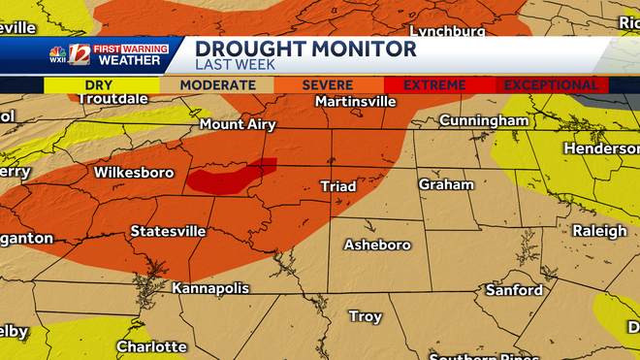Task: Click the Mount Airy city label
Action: [238, 124]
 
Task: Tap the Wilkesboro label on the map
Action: [134, 173]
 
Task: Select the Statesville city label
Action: [168, 231]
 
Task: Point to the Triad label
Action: [338, 185]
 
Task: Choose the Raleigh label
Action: [599, 231]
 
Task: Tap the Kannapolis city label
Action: [210, 288]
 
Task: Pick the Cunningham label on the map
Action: [484, 120]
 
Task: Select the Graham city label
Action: [446, 184]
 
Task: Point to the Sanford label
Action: [514, 290]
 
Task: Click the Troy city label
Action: [366, 316]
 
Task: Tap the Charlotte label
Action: [151, 346]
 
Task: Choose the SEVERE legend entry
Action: [327, 85]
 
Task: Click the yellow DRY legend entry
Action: [98, 85]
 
